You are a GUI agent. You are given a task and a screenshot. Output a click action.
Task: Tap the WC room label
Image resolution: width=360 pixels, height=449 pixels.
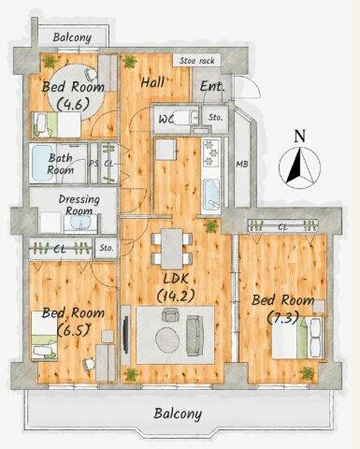pos(166,119)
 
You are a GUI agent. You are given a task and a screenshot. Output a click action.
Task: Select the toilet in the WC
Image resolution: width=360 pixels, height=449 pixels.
pos(186,118)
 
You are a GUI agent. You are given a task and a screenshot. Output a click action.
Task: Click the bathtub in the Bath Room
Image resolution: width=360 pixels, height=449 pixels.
pos(42,164)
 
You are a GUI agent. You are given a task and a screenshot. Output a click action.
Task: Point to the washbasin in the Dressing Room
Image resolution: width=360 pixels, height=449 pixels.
pos(80,223)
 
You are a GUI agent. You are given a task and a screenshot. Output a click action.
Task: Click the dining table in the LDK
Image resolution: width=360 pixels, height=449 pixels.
pos(172,249)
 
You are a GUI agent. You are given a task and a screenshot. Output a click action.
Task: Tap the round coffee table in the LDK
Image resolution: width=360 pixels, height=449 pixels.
pos(167,340)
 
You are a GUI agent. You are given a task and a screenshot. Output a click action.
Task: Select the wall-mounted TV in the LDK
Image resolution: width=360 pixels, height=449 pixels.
pos(126,335)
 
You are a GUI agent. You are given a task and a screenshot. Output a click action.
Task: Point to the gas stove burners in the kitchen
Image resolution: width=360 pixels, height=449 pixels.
pos(211,153)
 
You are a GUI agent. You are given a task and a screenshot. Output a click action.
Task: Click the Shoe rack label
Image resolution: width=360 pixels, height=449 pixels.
pos(197,60)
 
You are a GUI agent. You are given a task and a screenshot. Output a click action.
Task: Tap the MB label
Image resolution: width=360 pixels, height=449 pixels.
pos(242,164)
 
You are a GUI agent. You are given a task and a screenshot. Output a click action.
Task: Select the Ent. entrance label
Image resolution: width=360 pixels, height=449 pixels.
pos(212,86)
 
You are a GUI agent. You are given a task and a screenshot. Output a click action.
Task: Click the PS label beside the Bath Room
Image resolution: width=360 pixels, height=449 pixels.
pos(94,164)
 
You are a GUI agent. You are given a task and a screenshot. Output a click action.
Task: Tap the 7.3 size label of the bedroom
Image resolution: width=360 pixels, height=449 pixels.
pos(283,318)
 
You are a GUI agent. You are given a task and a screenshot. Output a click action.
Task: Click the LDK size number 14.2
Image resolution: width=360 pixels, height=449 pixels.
pos(176,295)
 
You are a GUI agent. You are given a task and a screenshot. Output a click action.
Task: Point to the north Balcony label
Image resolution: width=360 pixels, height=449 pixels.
pos(72,37)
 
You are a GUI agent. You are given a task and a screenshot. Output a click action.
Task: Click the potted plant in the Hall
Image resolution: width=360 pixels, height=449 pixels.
pos(130,61)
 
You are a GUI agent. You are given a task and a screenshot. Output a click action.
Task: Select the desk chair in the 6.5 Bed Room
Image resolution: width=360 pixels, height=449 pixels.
pos(89,363)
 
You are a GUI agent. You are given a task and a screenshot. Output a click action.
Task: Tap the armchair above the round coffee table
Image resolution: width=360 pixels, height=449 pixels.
pos(170,314)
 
